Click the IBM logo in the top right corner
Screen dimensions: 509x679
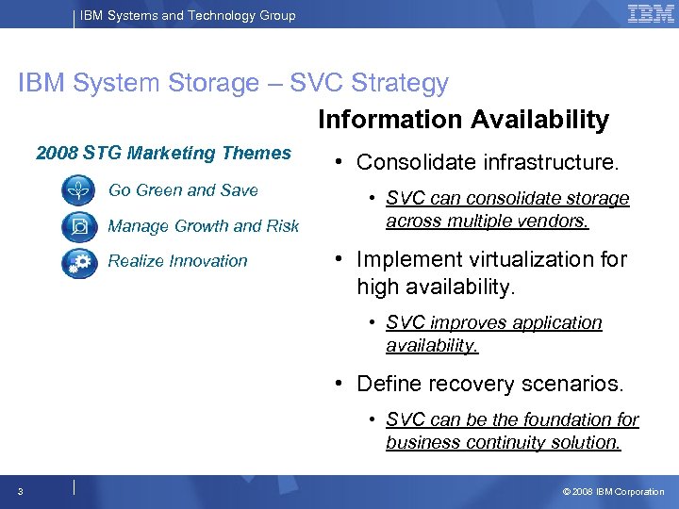point(650,14)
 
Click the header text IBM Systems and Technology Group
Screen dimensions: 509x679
point(188,15)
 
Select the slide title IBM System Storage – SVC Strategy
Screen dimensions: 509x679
point(233,83)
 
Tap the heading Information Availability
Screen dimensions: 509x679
point(463,120)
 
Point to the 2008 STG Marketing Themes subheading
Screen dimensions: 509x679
point(163,153)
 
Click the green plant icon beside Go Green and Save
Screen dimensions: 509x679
point(78,190)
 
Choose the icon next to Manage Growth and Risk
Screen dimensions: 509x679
point(78,226)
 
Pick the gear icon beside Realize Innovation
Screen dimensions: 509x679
point(78,262)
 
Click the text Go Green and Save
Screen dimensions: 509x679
point(183,190)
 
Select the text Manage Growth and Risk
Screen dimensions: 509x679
point(203,226)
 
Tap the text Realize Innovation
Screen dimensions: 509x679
point(177,261)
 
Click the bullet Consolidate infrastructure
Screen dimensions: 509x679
point(488,162)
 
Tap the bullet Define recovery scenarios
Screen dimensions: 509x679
point(489,384)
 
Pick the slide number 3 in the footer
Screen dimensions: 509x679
point(20,491)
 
